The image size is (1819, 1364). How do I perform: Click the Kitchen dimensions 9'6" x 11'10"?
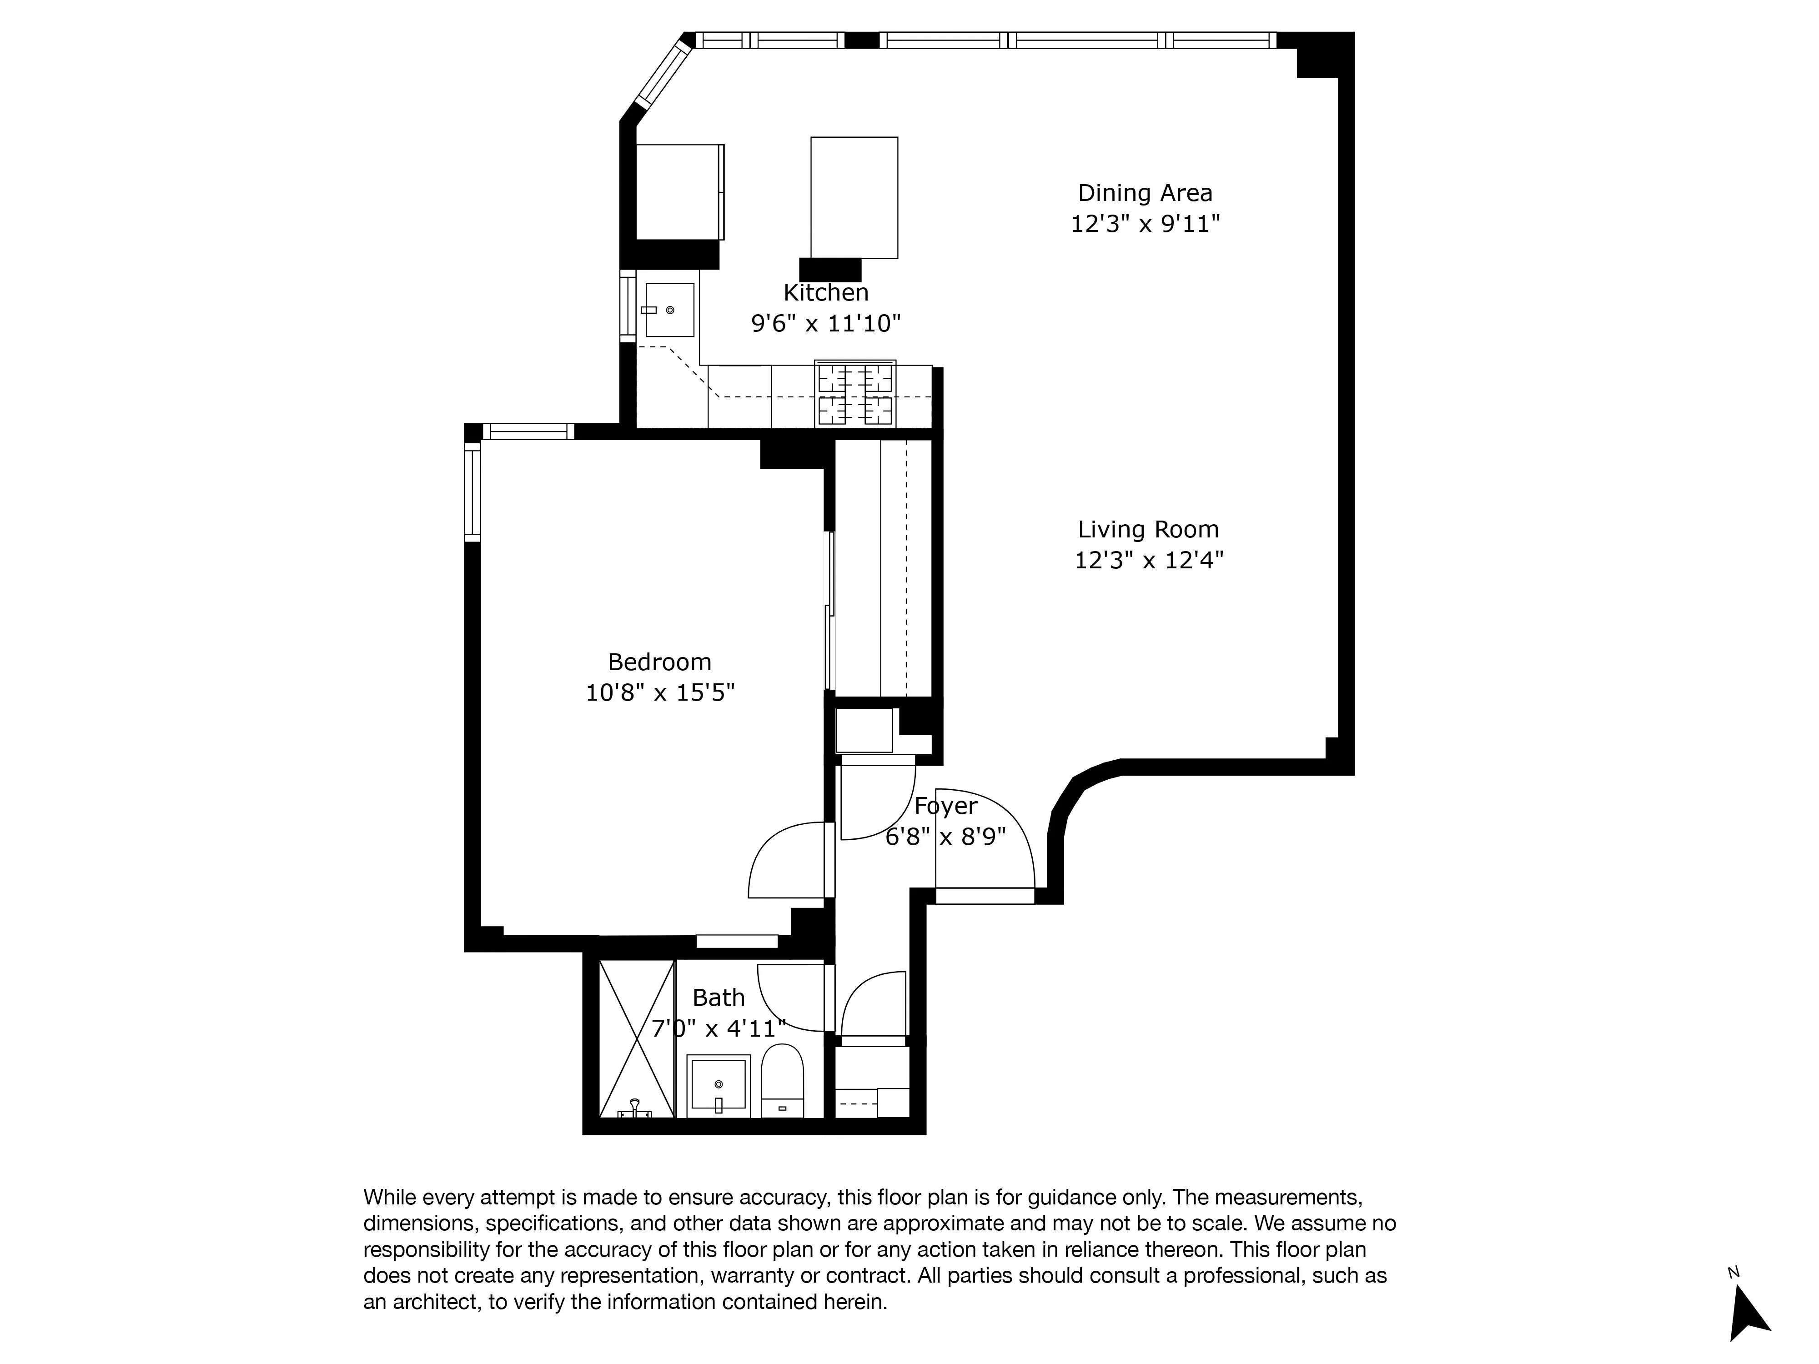(x=826, y=323)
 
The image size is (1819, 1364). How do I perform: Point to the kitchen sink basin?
(x=669, y=310)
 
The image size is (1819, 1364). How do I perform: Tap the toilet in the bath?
(x=781, y=1080)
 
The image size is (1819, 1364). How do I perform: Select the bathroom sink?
(x=718, y=1085)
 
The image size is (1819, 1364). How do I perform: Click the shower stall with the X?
(x=637, y=1038)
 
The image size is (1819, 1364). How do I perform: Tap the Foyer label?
(x=946, y=806)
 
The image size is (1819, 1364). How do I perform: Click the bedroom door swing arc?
(x=781, y=859)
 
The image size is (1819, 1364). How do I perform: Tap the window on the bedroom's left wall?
(x=472, y=491)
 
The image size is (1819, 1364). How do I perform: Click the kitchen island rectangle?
(x=854, y=197)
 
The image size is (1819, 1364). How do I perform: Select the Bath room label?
(x=718, y=997)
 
